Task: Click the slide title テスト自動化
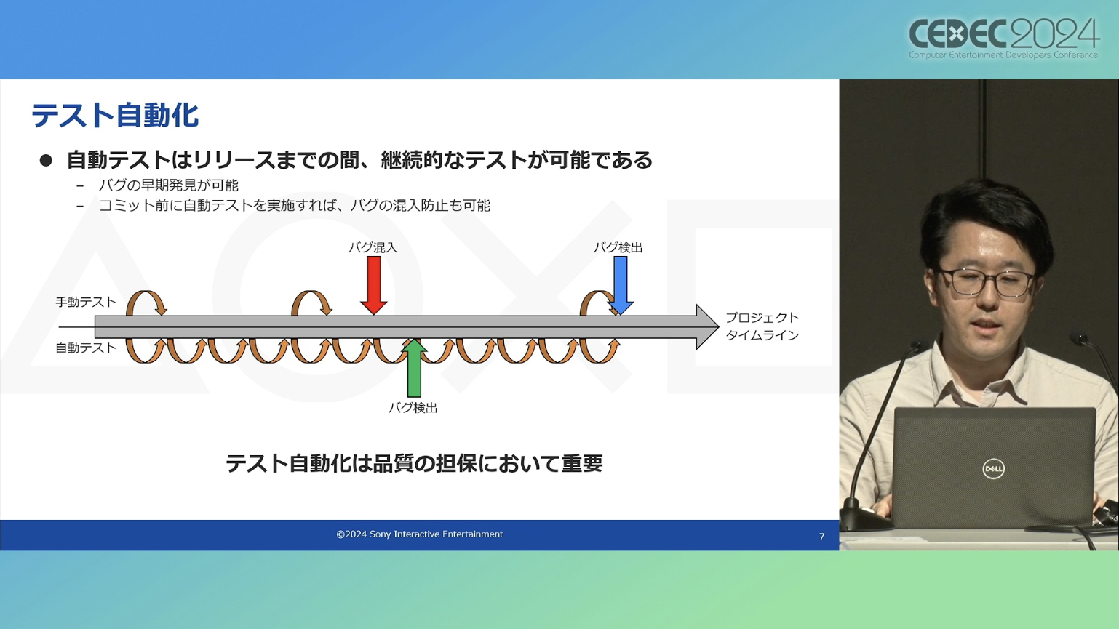[x=115, y=116]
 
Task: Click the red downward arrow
[x=374, y=285]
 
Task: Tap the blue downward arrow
[x=621, y=285]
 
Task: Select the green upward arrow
[x=414, y=368]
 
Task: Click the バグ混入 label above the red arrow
[x=373, y=247]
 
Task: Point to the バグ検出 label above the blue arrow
[x=618, y=247]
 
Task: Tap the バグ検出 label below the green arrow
[x=413, y=408]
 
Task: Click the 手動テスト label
[x=85, y=302]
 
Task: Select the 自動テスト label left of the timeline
[x=85, y=348]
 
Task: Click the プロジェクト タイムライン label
[x=762, y=326]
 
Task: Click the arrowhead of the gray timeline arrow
[x=707, y=326]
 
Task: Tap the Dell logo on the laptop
[x=993, y=469]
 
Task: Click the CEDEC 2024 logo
[x=1003, y=39]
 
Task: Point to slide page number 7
[x=821, y=537]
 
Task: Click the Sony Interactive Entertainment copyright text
[x=420, y=534]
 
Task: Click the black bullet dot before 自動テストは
[x=46, y=160]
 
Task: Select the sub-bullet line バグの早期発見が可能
[x=168, y=185]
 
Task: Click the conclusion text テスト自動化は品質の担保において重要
[x=414, y=463]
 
